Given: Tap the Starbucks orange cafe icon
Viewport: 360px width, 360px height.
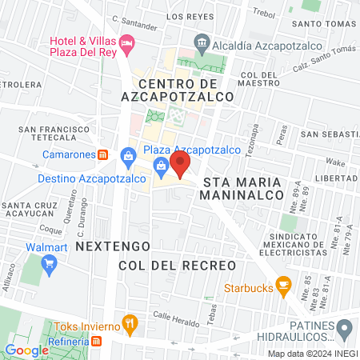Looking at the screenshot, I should click(282, 284).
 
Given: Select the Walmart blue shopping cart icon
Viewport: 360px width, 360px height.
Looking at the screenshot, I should click(50, 262).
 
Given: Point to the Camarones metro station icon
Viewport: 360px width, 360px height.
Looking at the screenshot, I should click(102, 154).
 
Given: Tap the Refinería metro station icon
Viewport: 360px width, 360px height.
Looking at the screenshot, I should click(96, 341).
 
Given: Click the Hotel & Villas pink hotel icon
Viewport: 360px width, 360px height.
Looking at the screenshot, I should click(126, 41).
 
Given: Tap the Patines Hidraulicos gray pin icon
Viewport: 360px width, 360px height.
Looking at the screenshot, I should click(345, 327).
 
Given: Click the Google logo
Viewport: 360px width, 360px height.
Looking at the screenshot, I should click(26, 350).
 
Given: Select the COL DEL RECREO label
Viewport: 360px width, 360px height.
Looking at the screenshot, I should click(178, 265).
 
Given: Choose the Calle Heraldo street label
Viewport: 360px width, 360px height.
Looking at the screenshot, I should click(174, 318).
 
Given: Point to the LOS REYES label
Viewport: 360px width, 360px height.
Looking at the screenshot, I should click(190, 16).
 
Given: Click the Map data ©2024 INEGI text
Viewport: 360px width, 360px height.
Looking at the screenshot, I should click(312, 354).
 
